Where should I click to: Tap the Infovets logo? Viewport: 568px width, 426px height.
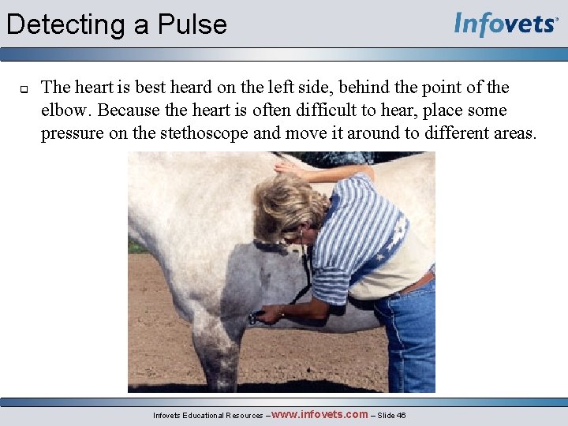tap(506, 24)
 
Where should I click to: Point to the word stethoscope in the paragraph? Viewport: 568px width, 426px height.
tap(206, 133)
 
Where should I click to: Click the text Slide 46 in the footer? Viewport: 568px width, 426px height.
tap(392, 415)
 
